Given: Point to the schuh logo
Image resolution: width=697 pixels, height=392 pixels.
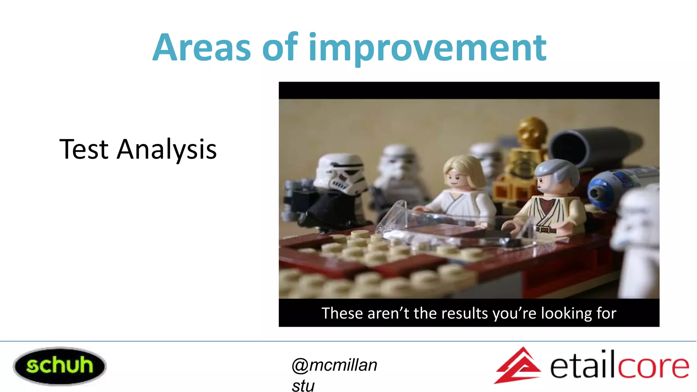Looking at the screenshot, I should pyautogui.click(x=60, y=366).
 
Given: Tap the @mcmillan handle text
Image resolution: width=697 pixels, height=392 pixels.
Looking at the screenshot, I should pyautogui.click(x=334, y=365).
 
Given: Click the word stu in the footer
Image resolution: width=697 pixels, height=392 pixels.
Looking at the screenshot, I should pyautogui.click(x=303, y=386).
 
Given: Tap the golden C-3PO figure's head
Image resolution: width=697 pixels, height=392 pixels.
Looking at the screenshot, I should pyautogui.click(x=532, y=131).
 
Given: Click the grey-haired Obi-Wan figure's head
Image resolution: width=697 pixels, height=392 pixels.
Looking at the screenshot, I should pyautogui.click(x=555, y=177).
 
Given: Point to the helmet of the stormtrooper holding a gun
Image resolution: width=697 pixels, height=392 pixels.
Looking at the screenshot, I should pyautogui.click(x=340, y=174).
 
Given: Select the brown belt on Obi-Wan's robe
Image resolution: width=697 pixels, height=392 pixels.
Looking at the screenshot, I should pyautogui.click(x=546, y=229).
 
